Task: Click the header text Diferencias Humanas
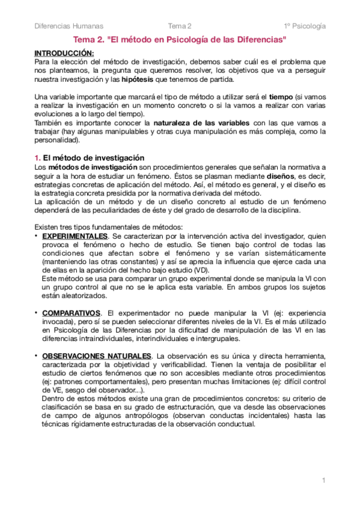pos(69,26)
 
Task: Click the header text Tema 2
pos(180,26)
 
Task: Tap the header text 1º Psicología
pos(305,26)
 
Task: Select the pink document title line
pos(180,40)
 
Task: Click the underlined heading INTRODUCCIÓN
pos(60,53)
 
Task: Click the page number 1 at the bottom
pos(323,480)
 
